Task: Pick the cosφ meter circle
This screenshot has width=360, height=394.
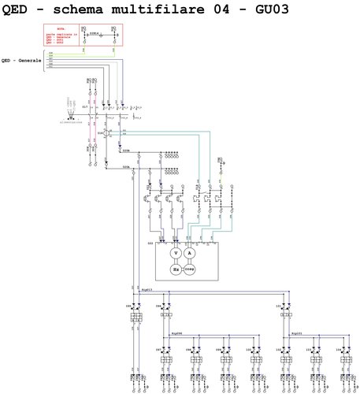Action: [x=190, y=269]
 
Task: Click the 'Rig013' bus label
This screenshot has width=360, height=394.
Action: [x=144, y=291]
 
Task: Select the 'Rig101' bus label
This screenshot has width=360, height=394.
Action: [x=297, y=333]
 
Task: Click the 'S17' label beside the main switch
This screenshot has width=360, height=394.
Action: [x=84, y=106]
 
